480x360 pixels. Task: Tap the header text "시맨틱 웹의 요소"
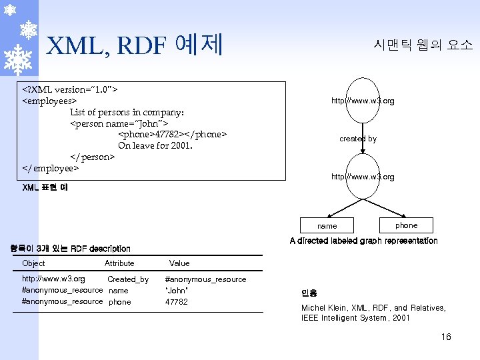[x=423, y=45]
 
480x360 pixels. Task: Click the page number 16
[x=446, y=337]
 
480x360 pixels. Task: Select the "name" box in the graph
[x=327, y=226]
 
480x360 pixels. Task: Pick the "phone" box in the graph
[x=406, y=225]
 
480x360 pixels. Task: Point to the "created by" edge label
[x=358, y=139]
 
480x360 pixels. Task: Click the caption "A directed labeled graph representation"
[x=363, y=241]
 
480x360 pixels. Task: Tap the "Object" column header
[x=33, y=263]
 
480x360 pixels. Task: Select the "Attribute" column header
[x=119, y=263]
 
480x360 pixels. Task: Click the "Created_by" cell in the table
[x=128, y=279]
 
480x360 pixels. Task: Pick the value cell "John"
[x=177, y=291]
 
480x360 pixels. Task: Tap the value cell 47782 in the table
[x=177, y=302]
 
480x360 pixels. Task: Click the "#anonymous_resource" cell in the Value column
[x=205, y=279]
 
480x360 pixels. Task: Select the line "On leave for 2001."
[x=155, y=145]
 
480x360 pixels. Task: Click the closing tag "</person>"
[x=93, y=157]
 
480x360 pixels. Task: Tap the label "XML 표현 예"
[x=45, y=187]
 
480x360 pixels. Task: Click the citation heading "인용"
[x=309, y=293]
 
